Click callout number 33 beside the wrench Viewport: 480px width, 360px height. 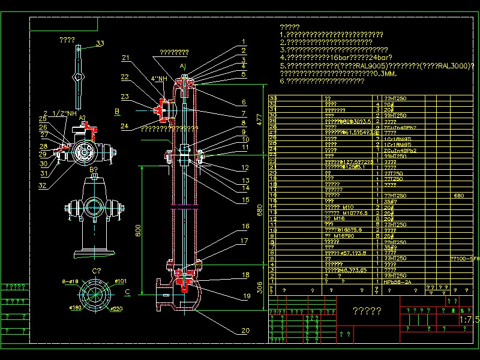100,43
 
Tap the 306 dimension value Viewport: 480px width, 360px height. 259,288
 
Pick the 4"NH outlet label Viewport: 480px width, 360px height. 159,79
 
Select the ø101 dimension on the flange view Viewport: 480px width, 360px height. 119,280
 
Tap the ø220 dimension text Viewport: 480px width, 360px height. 116,308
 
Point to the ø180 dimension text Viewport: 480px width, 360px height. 76,308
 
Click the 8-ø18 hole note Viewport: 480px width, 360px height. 71,280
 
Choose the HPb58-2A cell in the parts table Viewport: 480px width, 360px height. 395,280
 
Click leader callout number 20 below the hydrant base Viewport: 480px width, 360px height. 245,331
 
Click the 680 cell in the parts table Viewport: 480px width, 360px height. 460,196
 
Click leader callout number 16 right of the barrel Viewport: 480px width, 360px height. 245,226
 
